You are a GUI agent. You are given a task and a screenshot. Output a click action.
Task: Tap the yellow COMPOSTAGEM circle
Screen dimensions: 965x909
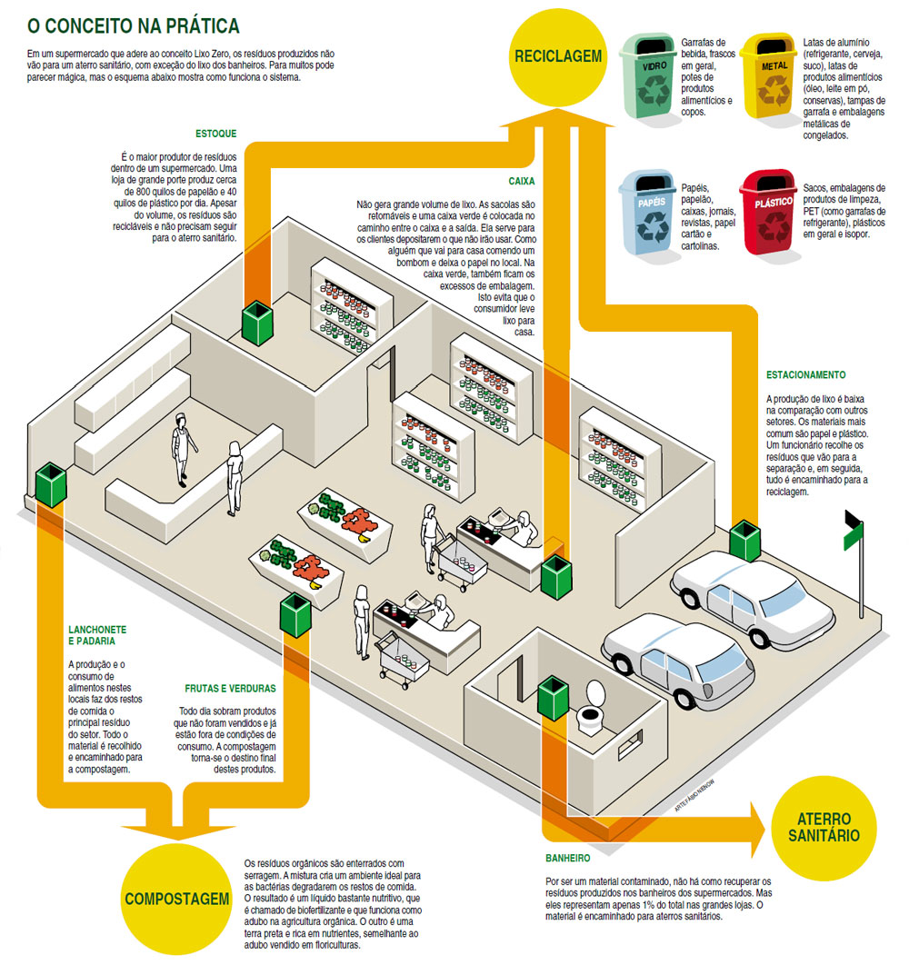(x=175, y=898)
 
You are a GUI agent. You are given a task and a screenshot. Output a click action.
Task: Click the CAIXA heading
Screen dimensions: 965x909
(x=521, y=181)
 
